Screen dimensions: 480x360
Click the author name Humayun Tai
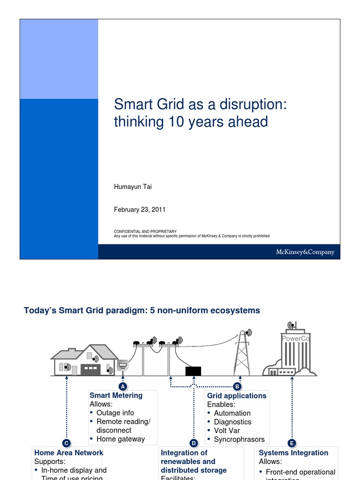point(133,187)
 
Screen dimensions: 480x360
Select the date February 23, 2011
point(140,210)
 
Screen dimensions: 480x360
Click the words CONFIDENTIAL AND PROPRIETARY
point(145,231)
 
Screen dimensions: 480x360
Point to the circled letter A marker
point(123,386)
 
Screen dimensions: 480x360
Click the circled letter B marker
point(237,386)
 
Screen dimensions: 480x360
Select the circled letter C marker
point(67,443)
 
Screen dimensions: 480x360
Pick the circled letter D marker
point(194,443)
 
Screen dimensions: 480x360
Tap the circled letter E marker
point(292,443)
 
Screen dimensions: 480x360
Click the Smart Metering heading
point(116,395)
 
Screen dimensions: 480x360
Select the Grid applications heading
point(237,396)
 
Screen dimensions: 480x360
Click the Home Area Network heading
point(68,453)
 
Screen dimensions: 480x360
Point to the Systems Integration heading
point(293,453)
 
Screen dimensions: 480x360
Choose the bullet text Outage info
point(115,413)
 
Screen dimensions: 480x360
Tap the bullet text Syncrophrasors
point(239,439)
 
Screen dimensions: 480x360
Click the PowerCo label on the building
point(295,338)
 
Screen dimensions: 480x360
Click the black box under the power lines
point(193,371)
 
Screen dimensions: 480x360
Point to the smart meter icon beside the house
point(122,365)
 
